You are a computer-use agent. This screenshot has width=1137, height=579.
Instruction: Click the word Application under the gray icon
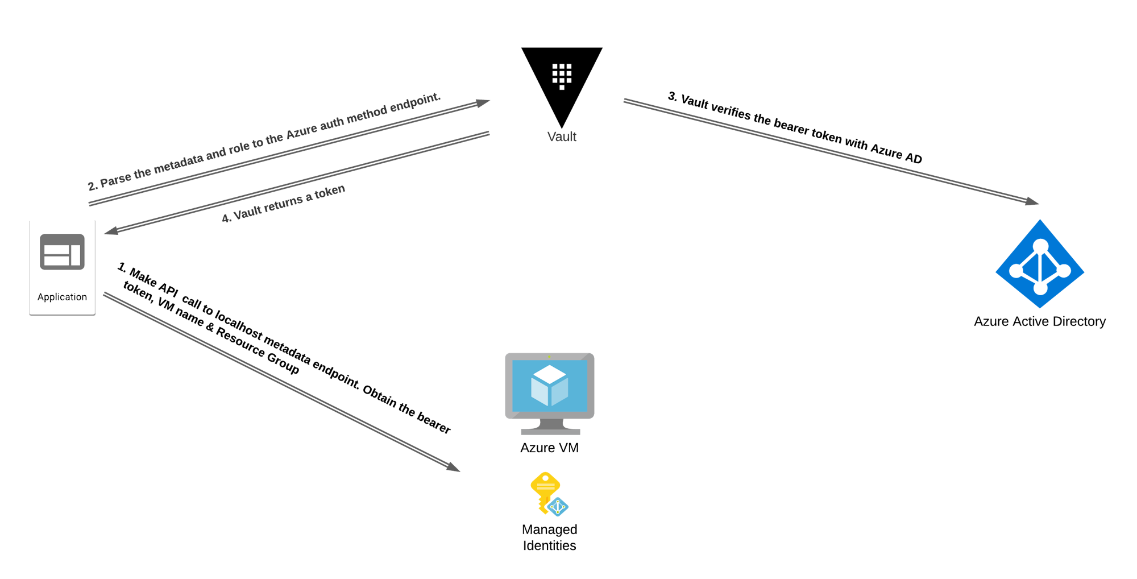coord(62,297)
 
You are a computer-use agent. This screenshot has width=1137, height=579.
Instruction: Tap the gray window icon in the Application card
coord(62,251)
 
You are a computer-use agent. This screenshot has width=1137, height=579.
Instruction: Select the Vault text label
coord(561,137)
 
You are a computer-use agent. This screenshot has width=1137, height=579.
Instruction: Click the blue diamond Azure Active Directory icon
coord(1040,264)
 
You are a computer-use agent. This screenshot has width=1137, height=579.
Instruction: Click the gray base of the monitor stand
coord(550,432)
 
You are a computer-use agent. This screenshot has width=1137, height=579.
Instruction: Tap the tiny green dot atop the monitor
coord(549,357)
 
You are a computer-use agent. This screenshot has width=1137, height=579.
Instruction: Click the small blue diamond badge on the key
coord(558,506)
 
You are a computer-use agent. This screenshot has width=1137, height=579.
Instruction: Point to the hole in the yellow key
coord(546,477)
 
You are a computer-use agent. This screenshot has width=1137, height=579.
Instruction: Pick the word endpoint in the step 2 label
coord(415,102)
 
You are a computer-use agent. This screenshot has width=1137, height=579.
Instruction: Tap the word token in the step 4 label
coord(330,192)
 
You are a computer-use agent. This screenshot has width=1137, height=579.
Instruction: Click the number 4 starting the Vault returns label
coord(226,218)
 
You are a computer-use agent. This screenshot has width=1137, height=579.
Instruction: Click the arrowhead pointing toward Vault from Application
coord(483,103)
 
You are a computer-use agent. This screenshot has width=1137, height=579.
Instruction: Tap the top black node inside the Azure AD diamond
coord(1040,246)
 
